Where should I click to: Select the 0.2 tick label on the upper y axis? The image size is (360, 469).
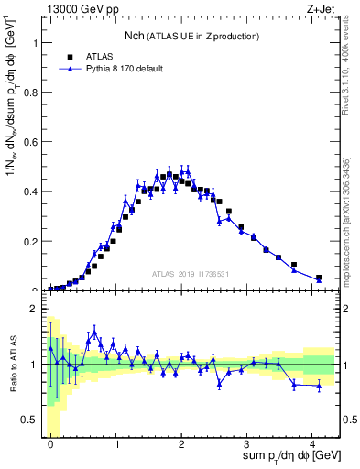pyautogui.click(x=29, y=241)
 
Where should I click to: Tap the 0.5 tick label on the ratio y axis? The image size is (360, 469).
pyautogui.click(x=29, y=420)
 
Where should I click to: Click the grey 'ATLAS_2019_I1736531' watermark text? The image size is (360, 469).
pyautogui.click(x=190, y=274)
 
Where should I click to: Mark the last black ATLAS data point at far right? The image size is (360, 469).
pyautogui.click(x=319, y=278)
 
